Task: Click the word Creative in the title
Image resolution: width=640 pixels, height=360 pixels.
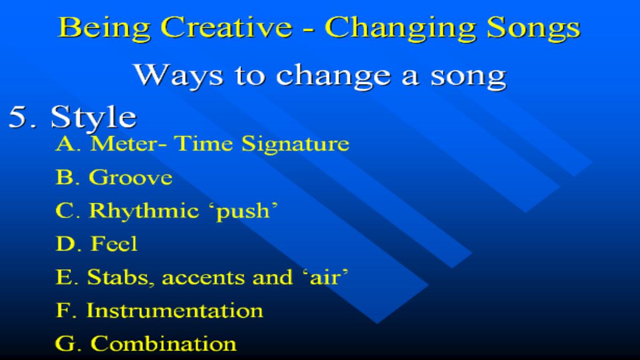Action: (x=227, y=27)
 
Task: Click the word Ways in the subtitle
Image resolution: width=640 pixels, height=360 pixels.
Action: (x=179, y=75)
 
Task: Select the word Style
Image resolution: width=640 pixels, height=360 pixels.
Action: (x=93, y=118)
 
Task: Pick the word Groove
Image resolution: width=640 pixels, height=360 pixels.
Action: (x=131, y=177)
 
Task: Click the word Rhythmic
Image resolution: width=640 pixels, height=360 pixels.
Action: (x=144, y=211)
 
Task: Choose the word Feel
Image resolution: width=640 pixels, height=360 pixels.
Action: (x=114, y=243)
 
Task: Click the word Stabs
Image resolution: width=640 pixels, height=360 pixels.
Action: (x=118, y=277)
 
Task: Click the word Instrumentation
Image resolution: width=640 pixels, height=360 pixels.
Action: (x=174, y=310)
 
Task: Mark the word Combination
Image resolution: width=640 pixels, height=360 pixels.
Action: (x=163, y=343)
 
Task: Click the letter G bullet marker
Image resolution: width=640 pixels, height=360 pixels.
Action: (x=65, y=343)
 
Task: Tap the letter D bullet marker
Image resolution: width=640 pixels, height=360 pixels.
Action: (x=65, y=244)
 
